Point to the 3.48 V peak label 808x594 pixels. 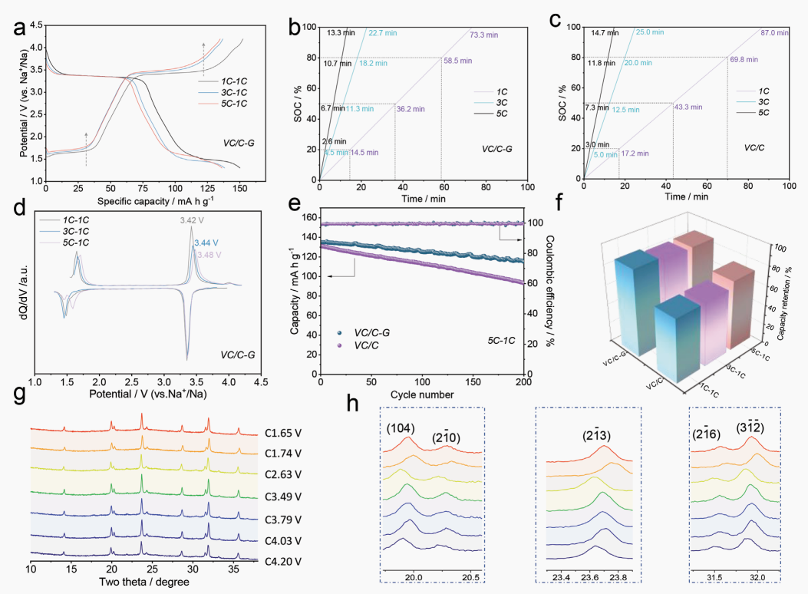210,254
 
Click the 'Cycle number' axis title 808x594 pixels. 420,395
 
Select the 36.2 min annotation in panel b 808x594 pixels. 412,109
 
